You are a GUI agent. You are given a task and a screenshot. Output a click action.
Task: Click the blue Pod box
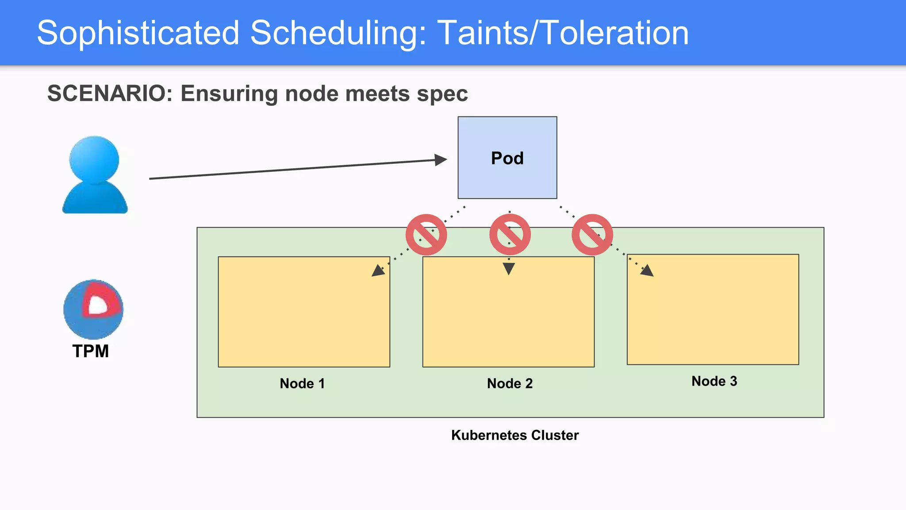point(507,158)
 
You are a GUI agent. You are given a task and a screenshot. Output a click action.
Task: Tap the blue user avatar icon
point(95,175)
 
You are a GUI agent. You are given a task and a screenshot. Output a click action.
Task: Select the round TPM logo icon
point(93,309)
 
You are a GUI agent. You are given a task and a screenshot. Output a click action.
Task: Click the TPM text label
point(91,351)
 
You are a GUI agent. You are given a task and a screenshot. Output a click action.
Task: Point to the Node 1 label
point(302,383)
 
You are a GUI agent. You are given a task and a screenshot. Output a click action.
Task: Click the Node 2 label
point(510,383)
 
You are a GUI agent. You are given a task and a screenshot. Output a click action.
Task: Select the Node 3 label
point(714,381)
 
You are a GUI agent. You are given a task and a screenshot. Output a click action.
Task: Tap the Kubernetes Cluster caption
point(514,435)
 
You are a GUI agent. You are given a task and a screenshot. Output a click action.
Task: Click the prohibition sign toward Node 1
point(426,235)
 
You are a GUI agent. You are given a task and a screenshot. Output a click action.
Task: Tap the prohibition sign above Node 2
point(510,235)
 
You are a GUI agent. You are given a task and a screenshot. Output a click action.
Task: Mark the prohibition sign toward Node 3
point(592,235)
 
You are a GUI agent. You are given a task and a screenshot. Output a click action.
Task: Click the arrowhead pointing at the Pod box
point(441,160)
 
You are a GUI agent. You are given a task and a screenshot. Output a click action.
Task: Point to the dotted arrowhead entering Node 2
point(509,269)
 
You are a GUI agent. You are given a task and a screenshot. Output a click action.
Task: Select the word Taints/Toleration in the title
point(563,33)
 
